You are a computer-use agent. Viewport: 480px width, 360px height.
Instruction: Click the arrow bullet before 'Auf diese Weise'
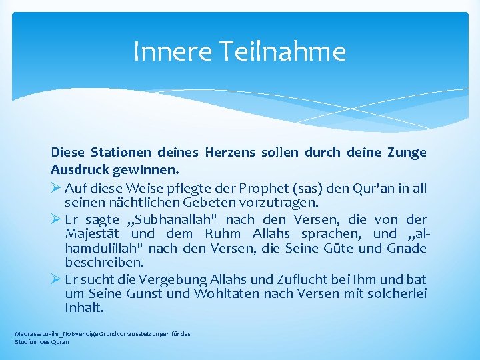point(56,188)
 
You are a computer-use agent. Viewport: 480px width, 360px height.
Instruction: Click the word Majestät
point(93,234)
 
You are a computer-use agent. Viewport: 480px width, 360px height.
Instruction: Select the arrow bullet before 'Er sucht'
point(56,279)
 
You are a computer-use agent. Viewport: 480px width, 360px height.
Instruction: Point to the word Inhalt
point(85,308)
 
